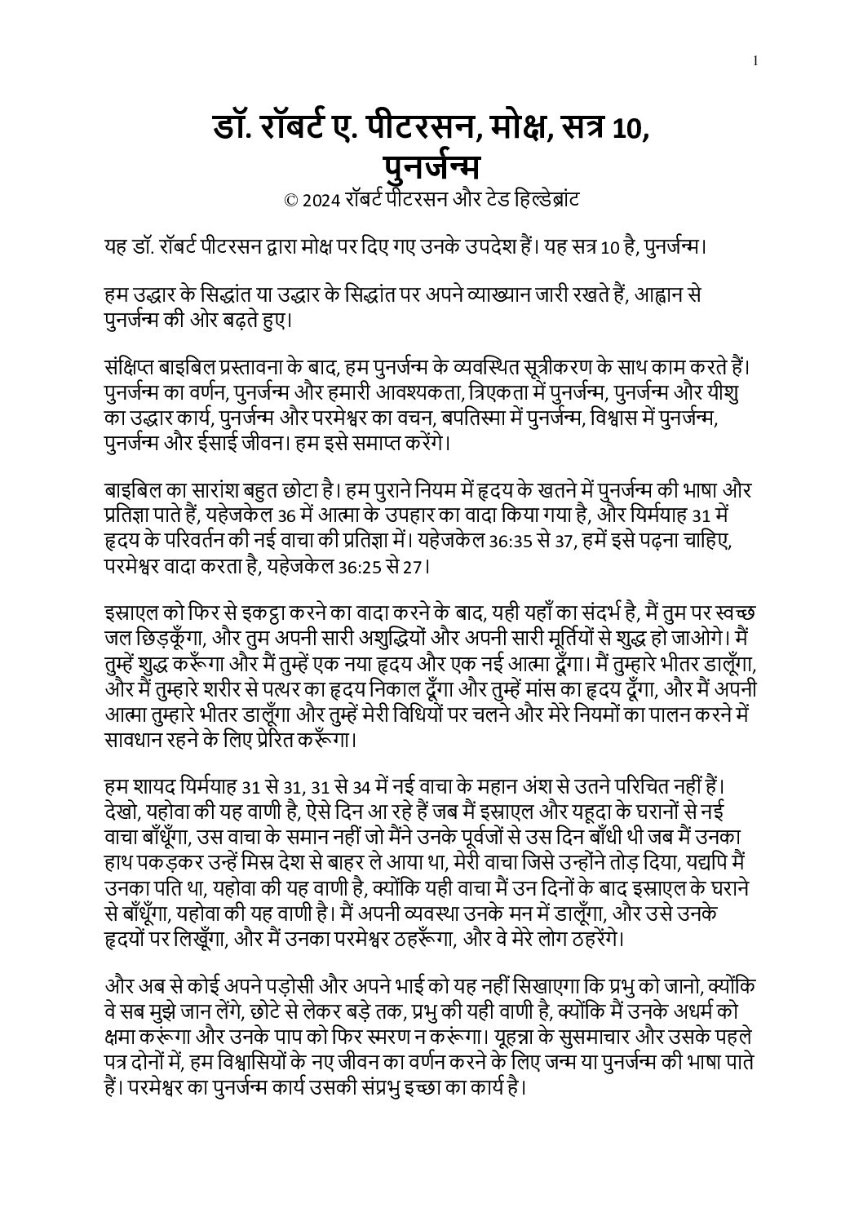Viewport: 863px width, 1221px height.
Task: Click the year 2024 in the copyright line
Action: point(321,201)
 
